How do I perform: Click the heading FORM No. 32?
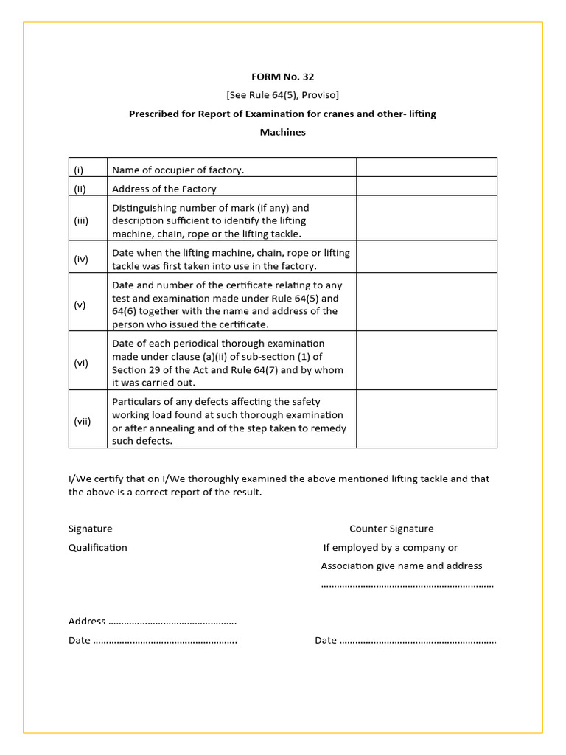282,77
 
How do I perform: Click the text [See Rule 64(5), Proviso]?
282,95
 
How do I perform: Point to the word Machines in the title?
282,133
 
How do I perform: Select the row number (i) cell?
88,170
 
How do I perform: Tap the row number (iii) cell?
88,220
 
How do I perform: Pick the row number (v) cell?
88,305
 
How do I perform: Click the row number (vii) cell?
88,422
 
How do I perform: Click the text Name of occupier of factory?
178,170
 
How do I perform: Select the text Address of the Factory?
164,189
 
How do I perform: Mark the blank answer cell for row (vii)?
426,420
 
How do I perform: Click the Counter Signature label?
391,529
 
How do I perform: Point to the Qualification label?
98,548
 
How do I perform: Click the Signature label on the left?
91,529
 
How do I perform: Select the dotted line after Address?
172,622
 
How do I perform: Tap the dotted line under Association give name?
407,585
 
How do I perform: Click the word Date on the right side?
326,641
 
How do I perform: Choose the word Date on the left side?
80,641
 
